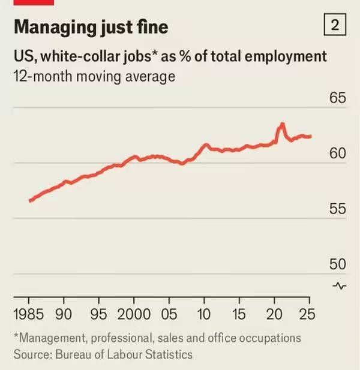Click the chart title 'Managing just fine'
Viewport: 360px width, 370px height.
[91, 27]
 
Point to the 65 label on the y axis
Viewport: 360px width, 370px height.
[337, 98]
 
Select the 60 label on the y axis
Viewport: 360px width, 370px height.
[337, 154]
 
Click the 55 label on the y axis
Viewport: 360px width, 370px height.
[337, 209]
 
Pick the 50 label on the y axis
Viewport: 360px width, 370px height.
[337, 264]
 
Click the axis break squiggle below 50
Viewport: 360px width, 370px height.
[339, 285]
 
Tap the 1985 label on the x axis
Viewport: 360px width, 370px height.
[28, 314]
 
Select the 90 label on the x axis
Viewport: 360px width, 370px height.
[64, 314]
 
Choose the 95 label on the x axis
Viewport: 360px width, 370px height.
[99, 314]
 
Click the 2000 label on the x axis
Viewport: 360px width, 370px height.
[134, 314]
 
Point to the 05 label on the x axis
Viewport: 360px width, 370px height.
[169, 314]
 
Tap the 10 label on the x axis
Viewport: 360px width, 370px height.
[204, 314]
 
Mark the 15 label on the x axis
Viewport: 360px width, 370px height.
[239, 314]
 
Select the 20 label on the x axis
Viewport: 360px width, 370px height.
[274, 314]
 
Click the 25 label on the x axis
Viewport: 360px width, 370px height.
[309, 314]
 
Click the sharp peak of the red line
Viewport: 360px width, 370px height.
[281, 124]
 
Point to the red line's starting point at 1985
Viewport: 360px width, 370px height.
[29, 200]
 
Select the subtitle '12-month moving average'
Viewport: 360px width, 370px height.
[93, 76]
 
